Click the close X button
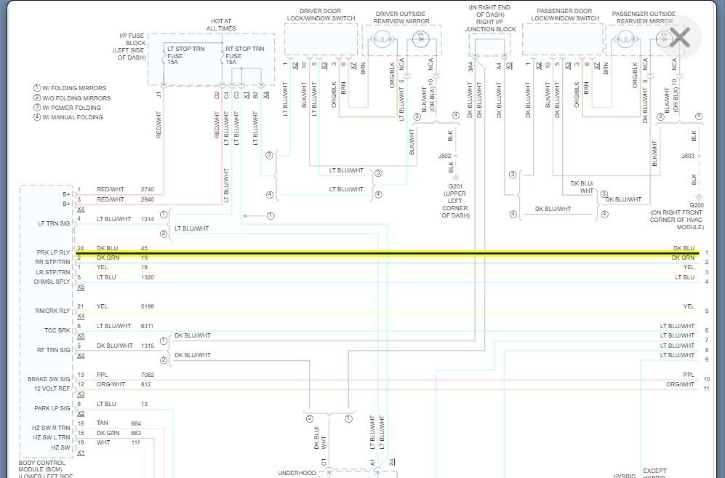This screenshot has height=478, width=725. coord(679,37)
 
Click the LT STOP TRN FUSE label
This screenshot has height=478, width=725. coord(185,55)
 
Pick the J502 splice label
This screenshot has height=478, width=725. coord(444,156)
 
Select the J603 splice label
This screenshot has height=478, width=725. coord(688,156)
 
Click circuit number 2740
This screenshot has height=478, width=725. coord(148,189)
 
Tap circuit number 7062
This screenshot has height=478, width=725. coord(148,375)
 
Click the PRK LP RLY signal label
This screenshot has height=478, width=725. coord(54,252)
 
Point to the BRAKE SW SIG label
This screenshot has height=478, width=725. coord(49,379)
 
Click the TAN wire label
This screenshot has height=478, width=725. coord(102,423)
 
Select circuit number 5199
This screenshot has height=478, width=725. coord(148,306)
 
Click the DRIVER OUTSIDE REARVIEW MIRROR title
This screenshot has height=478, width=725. coord(401,17)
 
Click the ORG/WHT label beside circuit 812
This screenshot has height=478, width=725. coord(111,384)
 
